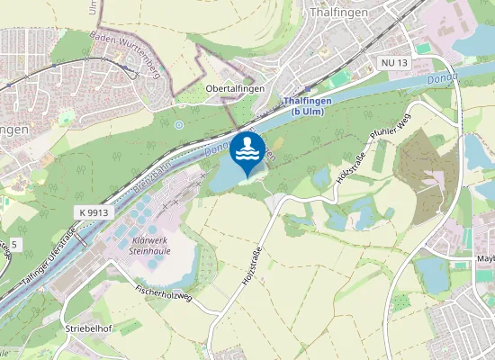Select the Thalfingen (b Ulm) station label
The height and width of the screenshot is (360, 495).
coord(306,107)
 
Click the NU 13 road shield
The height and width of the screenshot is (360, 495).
coord(395,61)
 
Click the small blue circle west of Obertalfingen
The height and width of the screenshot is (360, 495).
coord(179,124)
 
